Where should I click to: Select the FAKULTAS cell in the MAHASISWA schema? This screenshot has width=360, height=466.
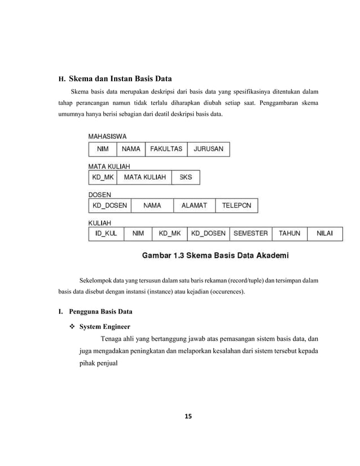pyautogui.click(x=166, y=149)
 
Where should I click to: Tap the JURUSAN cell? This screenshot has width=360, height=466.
pyautogui.click(x=208, y=149)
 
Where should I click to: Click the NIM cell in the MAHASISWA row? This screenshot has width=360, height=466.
pyautogui.click(x=103, y=149)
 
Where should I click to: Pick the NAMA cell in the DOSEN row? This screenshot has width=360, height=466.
pyautogui.click(x=152, y=205)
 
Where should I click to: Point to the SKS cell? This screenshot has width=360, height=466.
pyautogui.click(x=185, y=177)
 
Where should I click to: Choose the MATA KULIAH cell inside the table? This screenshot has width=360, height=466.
pyautogui.click(x=144, y=177)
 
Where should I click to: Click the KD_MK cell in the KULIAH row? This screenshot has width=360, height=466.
pyautogui.click(x=170, y=233)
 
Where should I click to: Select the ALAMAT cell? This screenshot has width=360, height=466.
pyautogui.click(x=194, y=205)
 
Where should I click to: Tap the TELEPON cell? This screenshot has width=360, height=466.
pyautogui.click(x=236, y=205)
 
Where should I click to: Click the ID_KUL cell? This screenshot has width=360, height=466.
pyautogui.click(x=106, y=233)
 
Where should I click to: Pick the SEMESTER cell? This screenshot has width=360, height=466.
pyautogui.click(x=251, y=233)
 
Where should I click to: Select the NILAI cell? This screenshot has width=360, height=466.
pyautogui.click(x=324, y=233)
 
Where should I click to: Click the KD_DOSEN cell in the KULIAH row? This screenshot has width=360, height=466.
pyautogui.click(x=208, y=233)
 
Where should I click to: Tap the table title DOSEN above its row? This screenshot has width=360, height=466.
pyautogui.click(x=99, y=195)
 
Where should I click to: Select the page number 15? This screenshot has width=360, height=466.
pyautogui.click(x=188, y=417)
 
